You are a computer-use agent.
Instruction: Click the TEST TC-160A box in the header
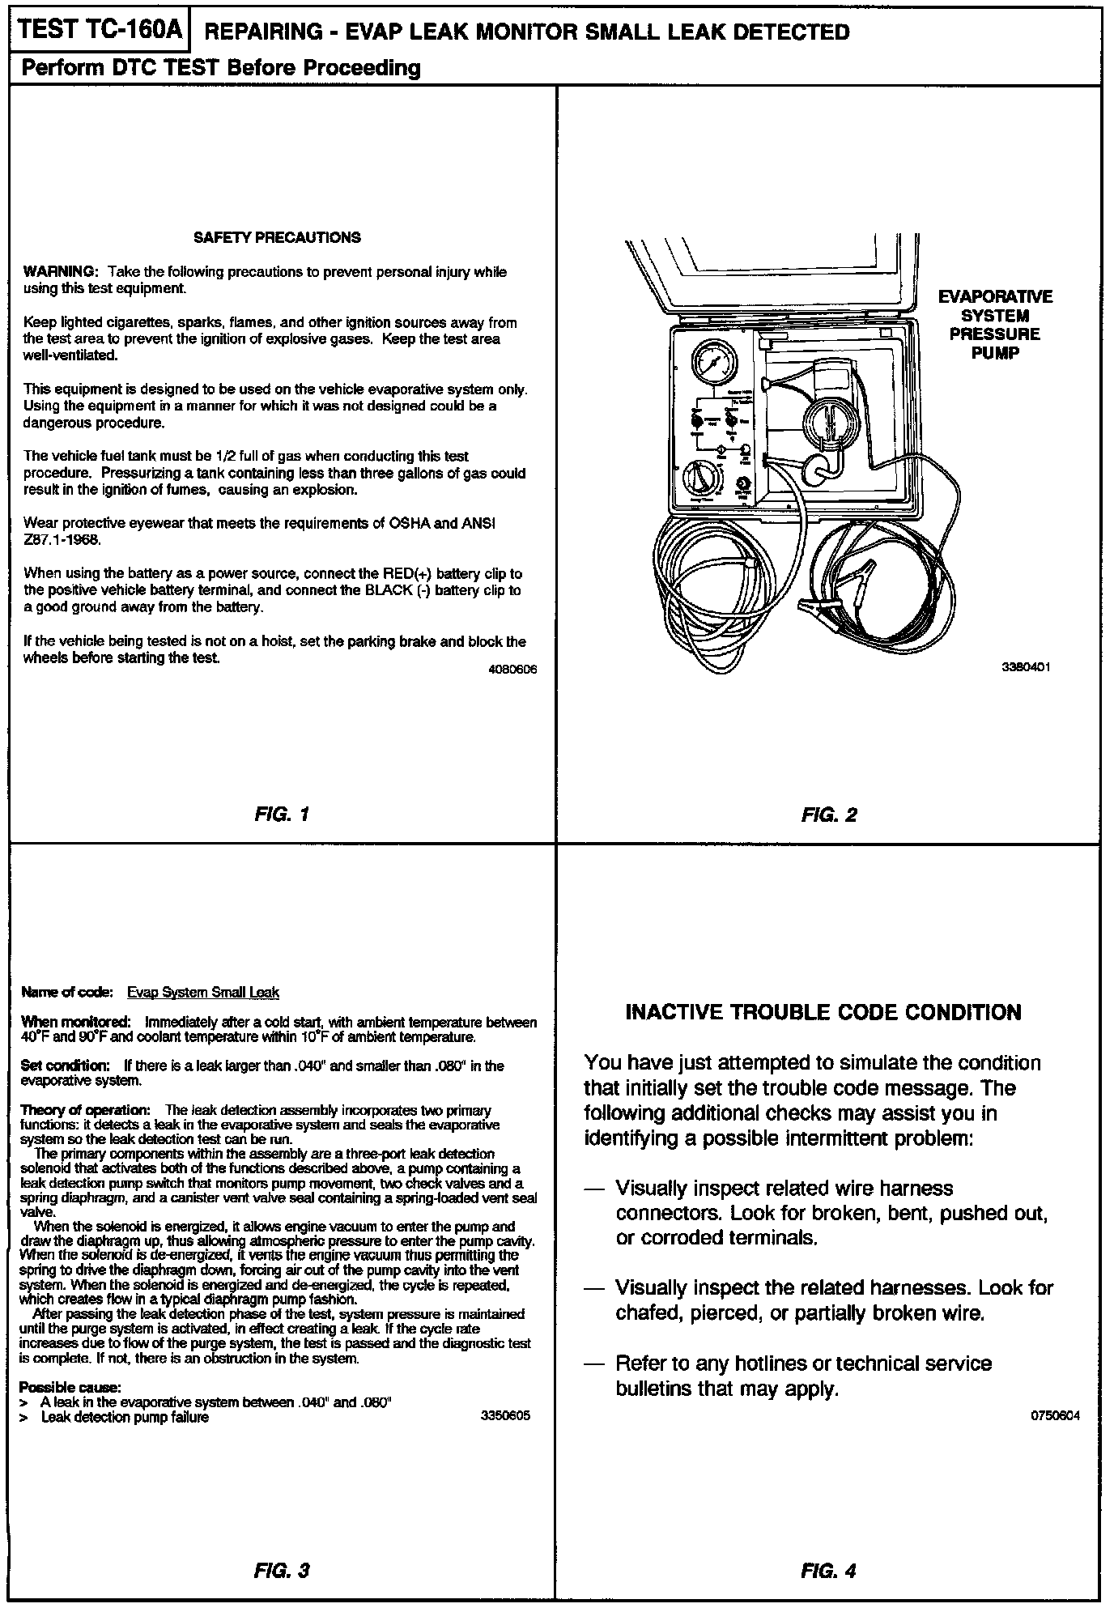coord(98,30)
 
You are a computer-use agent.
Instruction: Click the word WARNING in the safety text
coord(61,271)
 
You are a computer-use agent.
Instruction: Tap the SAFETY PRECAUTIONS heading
coord(277,237)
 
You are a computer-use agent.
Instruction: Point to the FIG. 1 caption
coord(281,814)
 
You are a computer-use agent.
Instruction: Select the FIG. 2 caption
coord(828,815)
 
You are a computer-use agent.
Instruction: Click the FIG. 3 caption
coord(281,1571)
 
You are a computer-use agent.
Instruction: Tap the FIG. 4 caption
coord(828,1571)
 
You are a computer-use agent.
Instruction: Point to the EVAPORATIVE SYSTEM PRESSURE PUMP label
coord(995,325)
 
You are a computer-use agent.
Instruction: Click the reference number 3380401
coord(1026,667)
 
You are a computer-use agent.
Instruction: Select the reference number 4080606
coord(512,670)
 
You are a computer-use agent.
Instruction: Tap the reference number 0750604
coord(1055,1416)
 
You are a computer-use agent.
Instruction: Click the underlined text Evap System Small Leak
coord(203,993)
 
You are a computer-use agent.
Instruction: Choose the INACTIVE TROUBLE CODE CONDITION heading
coord(823,1012)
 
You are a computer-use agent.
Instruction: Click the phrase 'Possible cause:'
coord(70,1387)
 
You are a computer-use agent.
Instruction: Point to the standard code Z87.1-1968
coord(62,539)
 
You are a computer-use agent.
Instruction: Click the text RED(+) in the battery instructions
coord(406,574)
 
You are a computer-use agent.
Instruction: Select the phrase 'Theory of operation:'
coord(85,1109)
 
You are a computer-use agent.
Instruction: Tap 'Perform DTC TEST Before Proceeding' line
coord(221,68)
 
